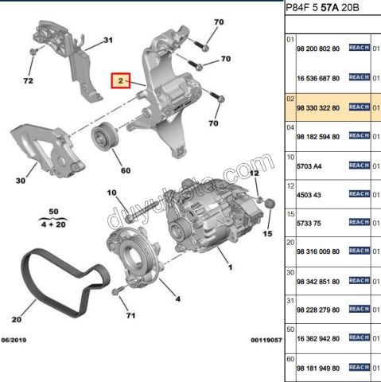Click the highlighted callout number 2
121,80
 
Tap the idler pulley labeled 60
105,137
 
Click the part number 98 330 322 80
318,108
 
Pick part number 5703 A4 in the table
309,166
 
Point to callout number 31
108,40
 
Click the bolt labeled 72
33,52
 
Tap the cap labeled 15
270,204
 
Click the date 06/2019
14,340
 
